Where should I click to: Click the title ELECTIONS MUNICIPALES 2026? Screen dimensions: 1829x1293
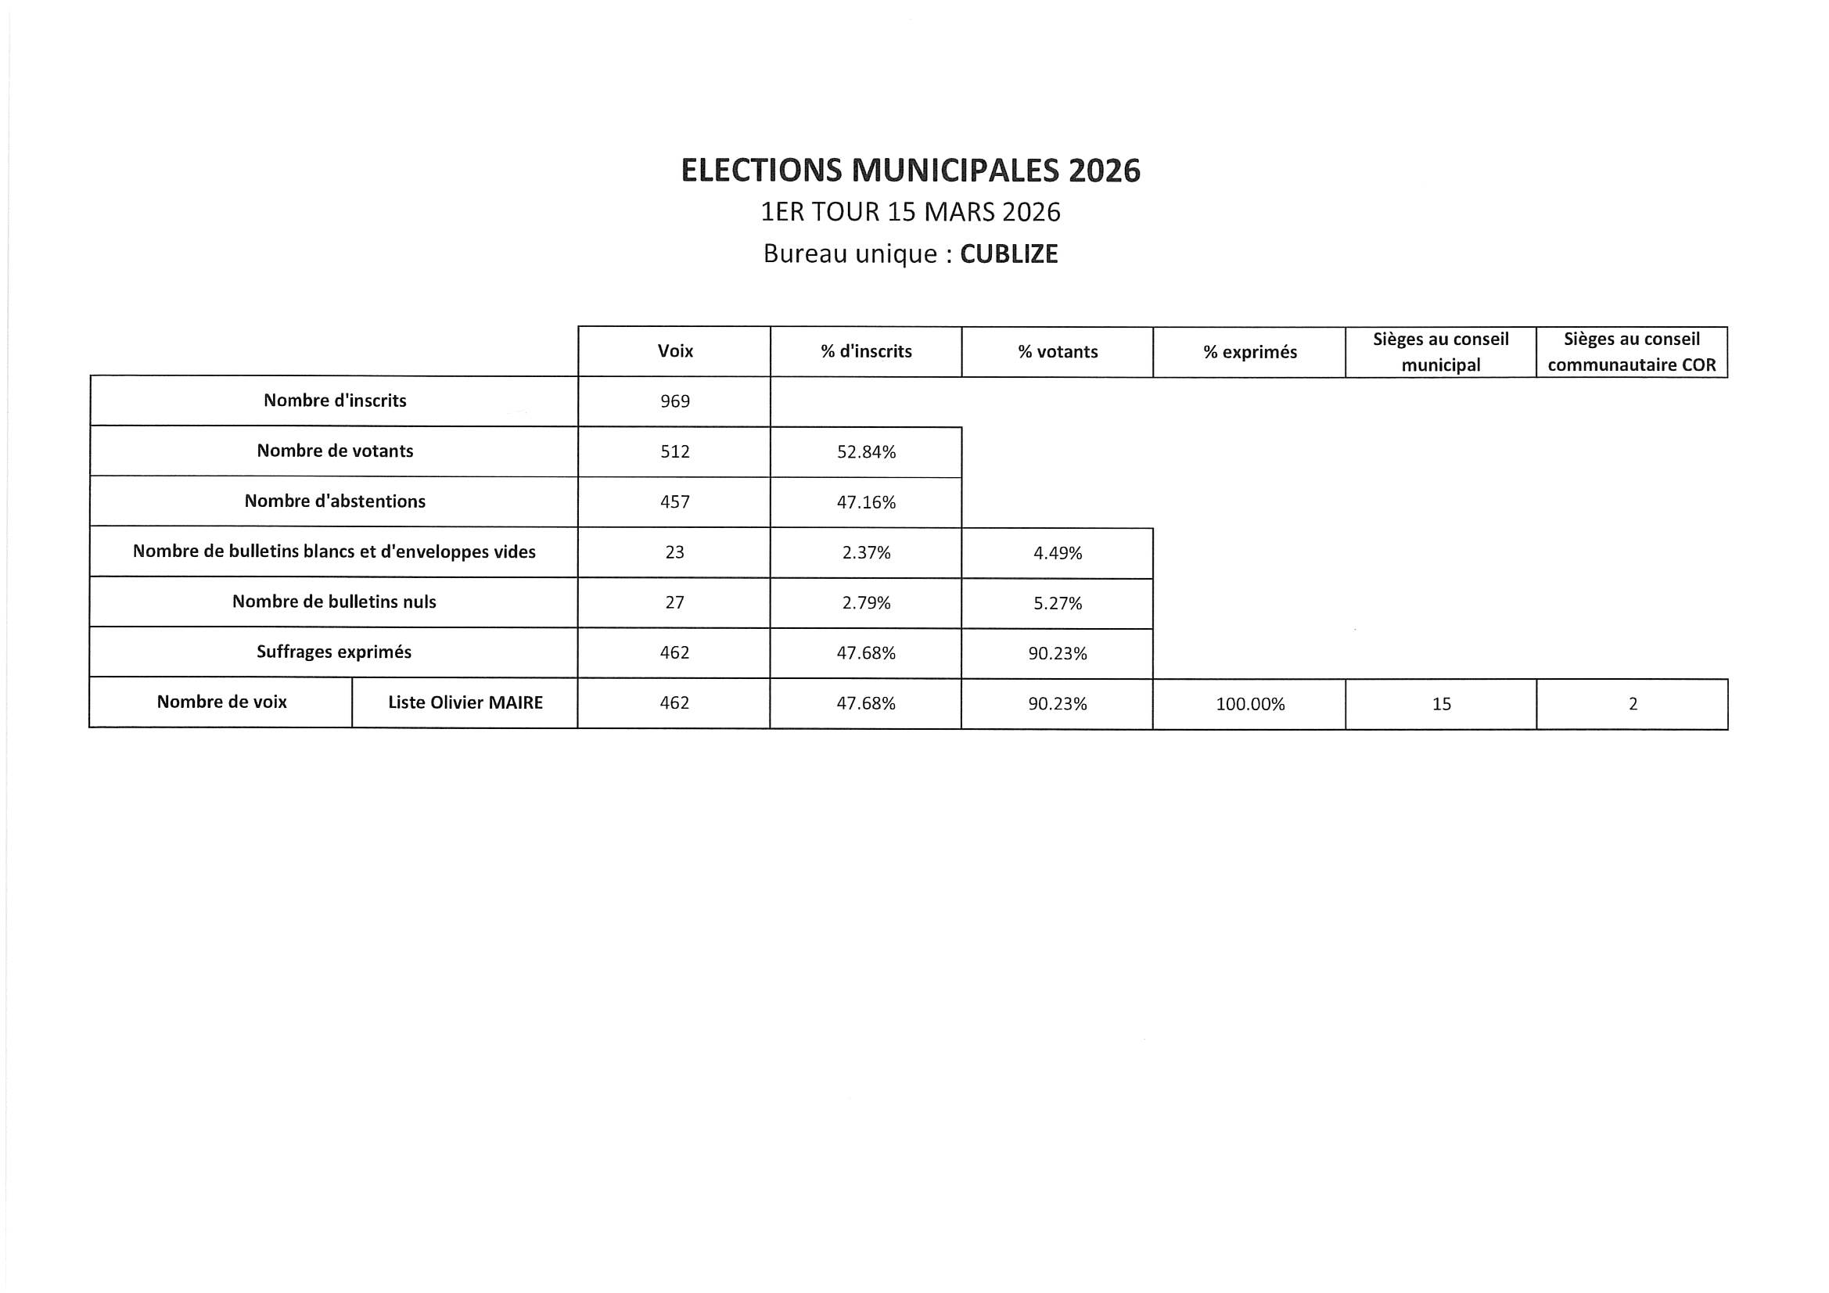click(911, 171)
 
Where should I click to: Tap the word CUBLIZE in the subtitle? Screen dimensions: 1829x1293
click(1008, 254)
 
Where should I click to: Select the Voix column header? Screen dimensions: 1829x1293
click(674, 351)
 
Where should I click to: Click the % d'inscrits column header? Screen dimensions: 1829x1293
click(866, 351)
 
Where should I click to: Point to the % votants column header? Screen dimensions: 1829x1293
click(1057, 352)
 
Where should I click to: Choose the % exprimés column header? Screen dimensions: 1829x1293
click(1249, 352)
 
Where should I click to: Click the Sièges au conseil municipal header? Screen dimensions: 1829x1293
click(1440, 352)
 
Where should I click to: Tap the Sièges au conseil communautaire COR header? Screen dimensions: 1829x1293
click(1631, 352)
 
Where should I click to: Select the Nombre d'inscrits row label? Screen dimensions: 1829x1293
click(335, 400)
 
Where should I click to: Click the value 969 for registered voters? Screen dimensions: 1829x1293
click(674, 401)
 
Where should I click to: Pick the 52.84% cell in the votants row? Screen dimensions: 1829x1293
click(866, 452)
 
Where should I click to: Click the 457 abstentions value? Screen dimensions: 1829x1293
click(674, 502)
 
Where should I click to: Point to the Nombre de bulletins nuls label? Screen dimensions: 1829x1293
click(334, 602)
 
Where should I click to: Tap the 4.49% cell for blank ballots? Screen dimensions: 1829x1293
click(1057, 554)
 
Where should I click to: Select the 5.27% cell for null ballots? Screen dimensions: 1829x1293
click(1057, 604)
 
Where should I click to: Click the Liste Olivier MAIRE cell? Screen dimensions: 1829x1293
click(465, 702)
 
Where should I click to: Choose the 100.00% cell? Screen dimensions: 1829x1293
click(1250, 704)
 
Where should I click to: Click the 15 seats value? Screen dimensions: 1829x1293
click(1441, 704)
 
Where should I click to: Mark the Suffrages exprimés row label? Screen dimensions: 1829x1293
click(334, 652)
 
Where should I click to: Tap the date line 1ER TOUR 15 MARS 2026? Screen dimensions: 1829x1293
click(911, 213)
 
